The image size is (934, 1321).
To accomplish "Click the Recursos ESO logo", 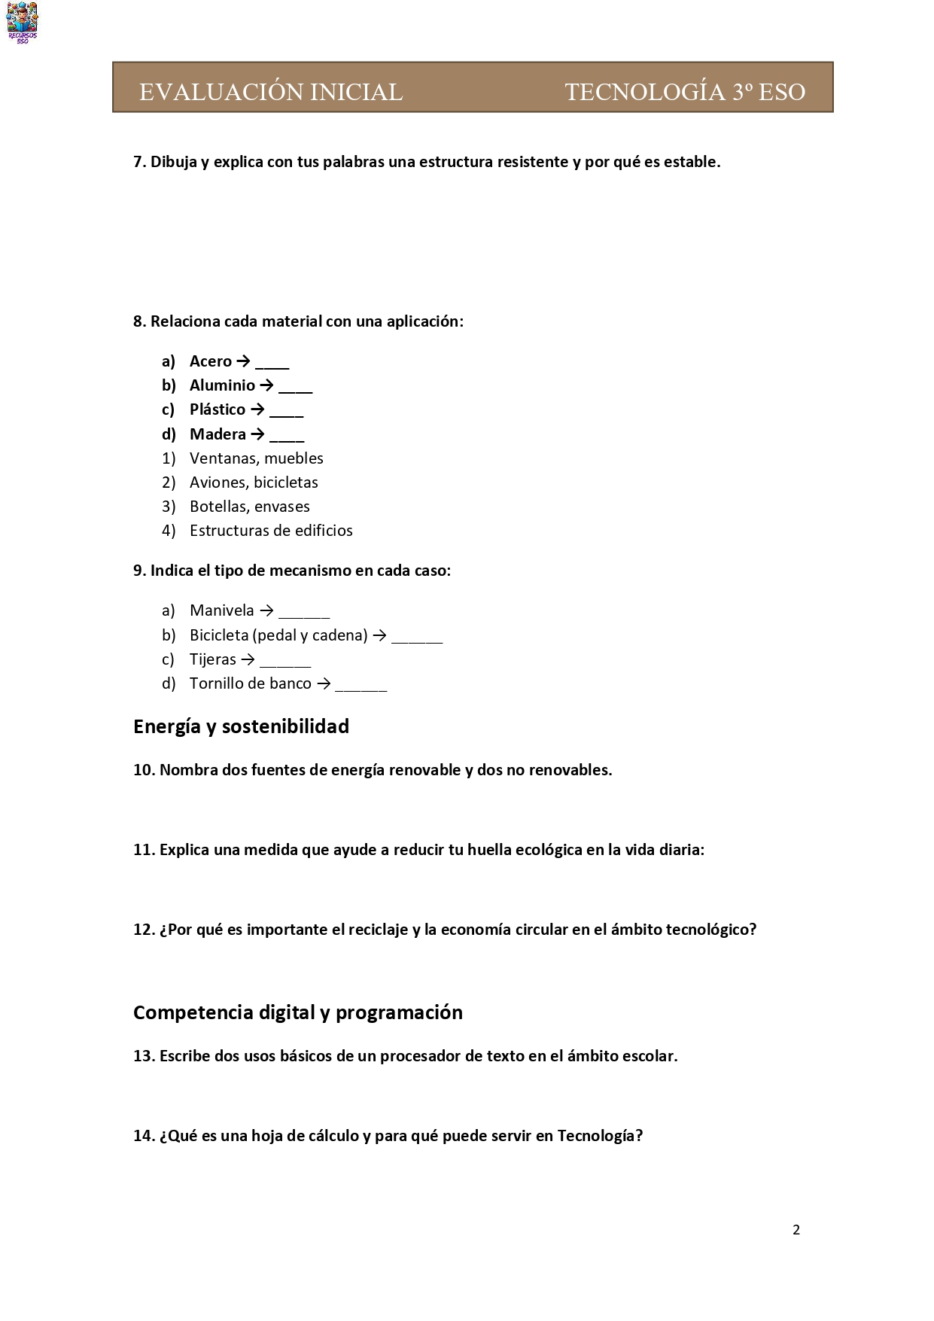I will [x=22, y=22].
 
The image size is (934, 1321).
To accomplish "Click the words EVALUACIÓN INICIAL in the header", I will [x=270, y=92].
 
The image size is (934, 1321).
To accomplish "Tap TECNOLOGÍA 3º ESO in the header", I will [x=685, y=92].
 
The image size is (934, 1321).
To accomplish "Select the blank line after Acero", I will [x=272, y=364].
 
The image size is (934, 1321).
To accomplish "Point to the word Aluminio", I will [x=222, y=385].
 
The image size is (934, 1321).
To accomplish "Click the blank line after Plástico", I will [x=286, y=412].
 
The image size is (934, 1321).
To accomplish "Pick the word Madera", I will [x=218, y=434].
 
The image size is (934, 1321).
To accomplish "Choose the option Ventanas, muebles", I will [x=256, y=458].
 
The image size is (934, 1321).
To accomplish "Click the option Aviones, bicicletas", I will [x=254, y=482].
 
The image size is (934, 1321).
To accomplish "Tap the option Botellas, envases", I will [x=249, y=507].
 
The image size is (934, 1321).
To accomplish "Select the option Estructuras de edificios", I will [x=271, y=531].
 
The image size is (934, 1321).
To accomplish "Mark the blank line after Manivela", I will [x=304, y=613].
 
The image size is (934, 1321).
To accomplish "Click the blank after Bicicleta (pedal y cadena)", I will [x=417, y=638].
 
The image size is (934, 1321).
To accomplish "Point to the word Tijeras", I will [x=213, y=659].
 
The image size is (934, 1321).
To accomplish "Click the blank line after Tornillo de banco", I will [x=361, y=686].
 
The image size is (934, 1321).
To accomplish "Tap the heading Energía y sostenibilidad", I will [x=241, y=726].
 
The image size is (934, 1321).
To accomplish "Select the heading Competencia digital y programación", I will [x=297, y=1012].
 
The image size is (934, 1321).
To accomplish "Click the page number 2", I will [x=796, y=1230].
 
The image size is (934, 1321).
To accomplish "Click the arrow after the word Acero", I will [x=243, y=361].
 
